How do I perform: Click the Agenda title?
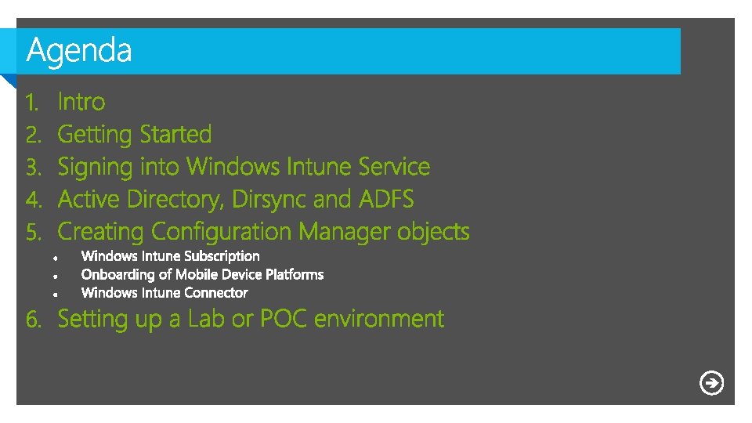79,51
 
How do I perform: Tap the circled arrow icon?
711,383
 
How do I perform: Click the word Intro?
81,102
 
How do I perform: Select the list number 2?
33,135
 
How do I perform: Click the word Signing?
96,168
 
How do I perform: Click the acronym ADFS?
386,200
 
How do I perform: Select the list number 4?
33,200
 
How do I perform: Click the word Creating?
101,232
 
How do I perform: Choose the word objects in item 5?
433,232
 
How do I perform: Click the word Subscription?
222,256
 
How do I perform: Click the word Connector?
215,293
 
